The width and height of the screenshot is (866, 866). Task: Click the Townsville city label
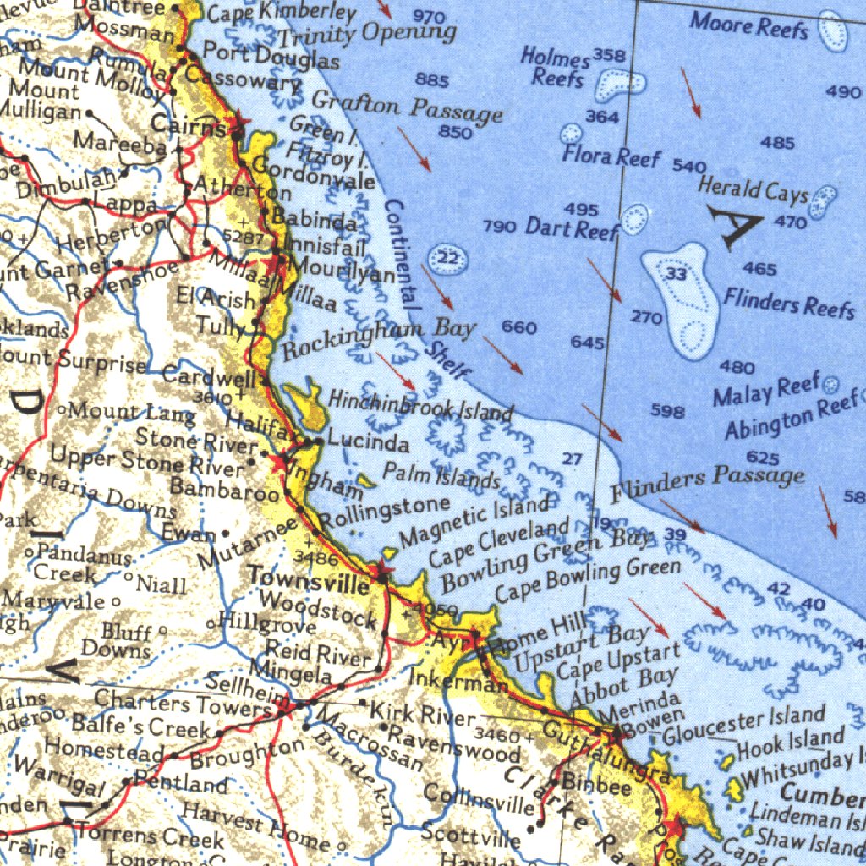point(308,578)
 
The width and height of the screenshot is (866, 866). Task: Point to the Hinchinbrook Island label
point(420,405)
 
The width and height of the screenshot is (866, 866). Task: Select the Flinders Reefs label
point(789,301)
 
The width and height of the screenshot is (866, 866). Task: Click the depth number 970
point(430,18)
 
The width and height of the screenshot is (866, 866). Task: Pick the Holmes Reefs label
point(556,68)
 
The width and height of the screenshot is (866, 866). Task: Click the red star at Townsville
point(384,575)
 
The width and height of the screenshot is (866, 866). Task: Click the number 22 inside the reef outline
point(449,258)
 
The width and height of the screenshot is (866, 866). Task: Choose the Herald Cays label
point(753,191)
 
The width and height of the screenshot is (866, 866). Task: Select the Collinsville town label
point(478,799)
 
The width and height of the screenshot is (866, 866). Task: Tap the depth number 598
point(667,411)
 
